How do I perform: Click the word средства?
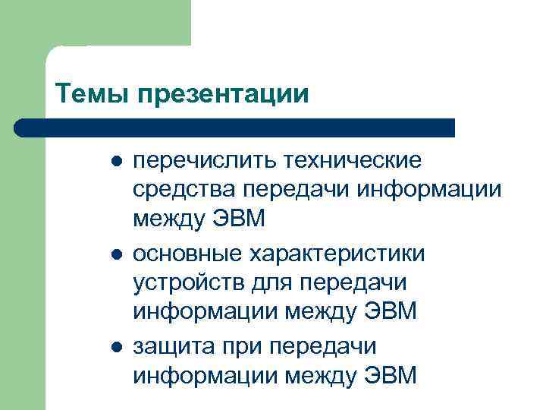tap(175, 190)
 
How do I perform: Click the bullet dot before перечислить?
tap(115, 162)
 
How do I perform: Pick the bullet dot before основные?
tap(115, 254)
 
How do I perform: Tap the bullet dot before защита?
tap(115, 345)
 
